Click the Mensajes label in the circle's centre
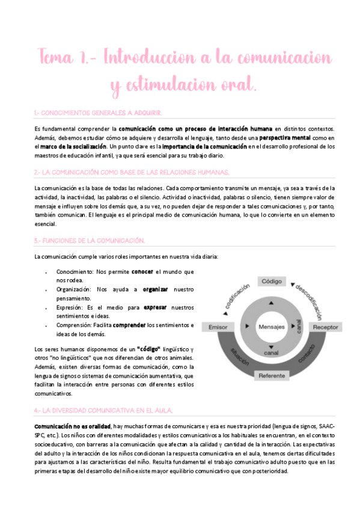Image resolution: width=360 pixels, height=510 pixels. tap(272, 326)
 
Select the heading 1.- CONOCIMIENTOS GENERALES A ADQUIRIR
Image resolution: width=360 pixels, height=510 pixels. tap(98, 113)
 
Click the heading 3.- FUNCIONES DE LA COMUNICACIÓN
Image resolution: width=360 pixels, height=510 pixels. tap(90, 241)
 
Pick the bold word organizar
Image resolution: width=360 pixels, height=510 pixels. tap(155, 289)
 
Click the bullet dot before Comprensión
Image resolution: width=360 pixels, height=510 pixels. tap(46, 325)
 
